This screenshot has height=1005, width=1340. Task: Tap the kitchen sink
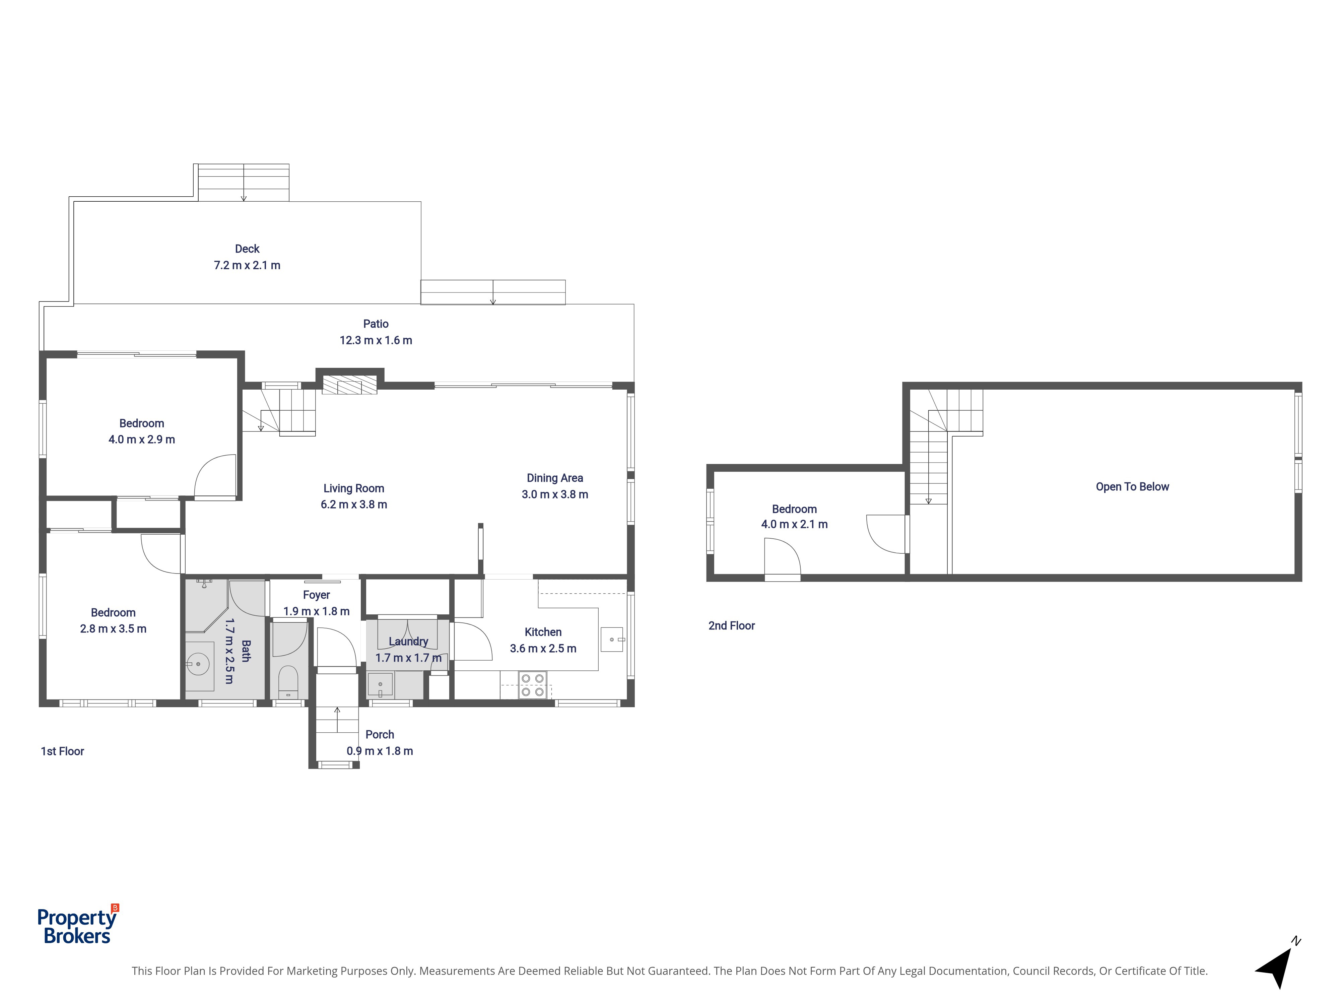(x=612, y=639)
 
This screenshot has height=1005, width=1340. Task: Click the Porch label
(x=380, y=735)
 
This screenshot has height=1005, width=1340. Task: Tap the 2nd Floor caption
(x=732, y=626)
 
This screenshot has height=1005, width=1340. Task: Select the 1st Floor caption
(x=62, y=751)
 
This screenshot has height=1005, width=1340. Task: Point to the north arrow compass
(x=1279, y=963)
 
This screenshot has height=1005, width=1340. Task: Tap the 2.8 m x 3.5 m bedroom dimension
(x=113, y=629)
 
